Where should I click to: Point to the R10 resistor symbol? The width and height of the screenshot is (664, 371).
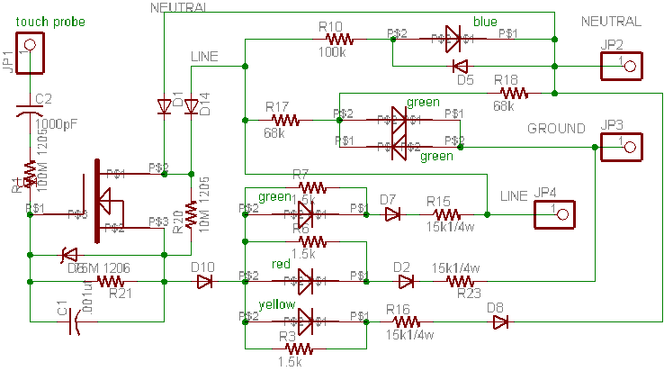click(341, 39)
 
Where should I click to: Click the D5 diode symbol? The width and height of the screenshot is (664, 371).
click(460, 66)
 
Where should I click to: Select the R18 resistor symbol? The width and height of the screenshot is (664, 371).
click(514, 92)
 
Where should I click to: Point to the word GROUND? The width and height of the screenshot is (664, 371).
click(556, 128)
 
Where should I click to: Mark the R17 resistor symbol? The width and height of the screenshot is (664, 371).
click(285, 119)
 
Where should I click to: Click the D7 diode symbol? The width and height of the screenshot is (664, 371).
click(392, 214)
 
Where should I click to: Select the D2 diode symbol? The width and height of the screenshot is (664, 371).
click(406, 282)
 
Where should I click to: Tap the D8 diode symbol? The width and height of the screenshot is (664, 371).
click(499, 321)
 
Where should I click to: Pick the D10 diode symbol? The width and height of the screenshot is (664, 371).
click(204, 282)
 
